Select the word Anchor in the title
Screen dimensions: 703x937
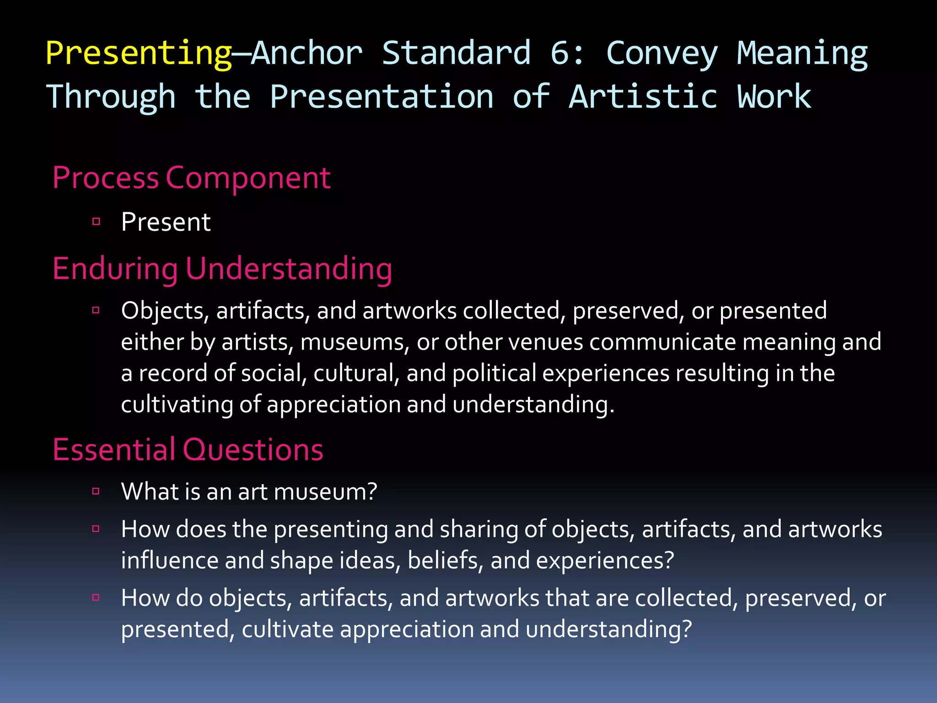point(307,53)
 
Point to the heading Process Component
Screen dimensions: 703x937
point(191,178)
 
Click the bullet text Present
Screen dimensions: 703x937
point(166,222)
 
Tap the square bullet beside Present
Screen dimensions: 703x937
point(96,222)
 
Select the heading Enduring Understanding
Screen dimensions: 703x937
point(222,269)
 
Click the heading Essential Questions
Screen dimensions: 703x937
point(188,449)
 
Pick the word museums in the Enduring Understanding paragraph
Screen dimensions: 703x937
point(355,342)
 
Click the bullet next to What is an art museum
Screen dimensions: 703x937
point(96,492)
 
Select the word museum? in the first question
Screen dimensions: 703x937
point(325,492)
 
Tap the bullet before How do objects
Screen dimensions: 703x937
point(96,597)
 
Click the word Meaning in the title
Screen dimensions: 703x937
point(802,53)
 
